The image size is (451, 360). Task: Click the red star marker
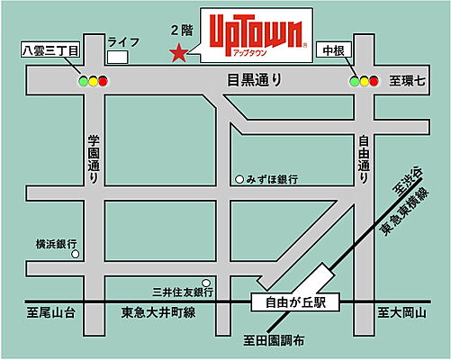[178, 53]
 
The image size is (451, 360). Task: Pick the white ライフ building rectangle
[116, 57]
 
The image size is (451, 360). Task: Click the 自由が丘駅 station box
[293, 302]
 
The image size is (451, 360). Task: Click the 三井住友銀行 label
[181, 292]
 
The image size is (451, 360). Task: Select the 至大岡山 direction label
[400, 313]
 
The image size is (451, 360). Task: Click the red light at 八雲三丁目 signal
[103, 81]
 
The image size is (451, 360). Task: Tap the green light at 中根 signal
[354, 81]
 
